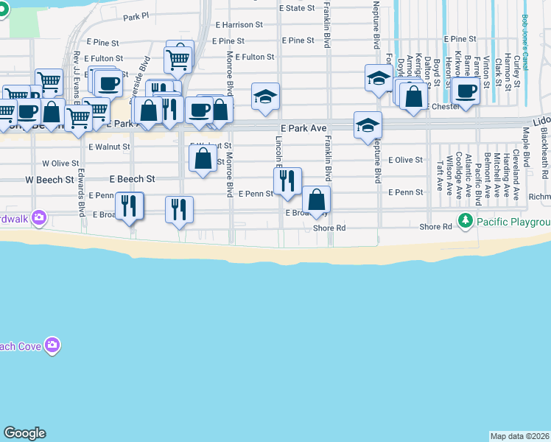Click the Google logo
[24, 433]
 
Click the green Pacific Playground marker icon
[465, 220]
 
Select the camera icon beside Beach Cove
[52, 345]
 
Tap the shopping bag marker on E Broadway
[316, 200]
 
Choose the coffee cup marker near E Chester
[465, 91]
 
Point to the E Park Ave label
[303, 128]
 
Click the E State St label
[297, 8]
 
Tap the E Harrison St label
[238, 24]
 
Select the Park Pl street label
[136, 16]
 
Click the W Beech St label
[50, 179]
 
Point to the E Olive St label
[406, 160]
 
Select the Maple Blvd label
[526, 147]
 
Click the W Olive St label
[60, 163]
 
